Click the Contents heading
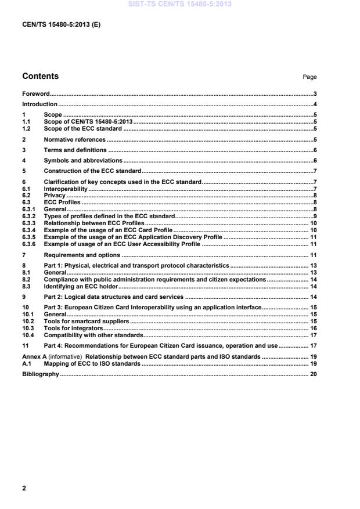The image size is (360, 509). tap(40, 76)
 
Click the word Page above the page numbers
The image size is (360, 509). tap(310, 77)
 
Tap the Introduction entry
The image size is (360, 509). tap(39, 104)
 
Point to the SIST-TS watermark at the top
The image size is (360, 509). tap(181, 3)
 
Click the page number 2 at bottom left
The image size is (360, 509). tap(24, 488)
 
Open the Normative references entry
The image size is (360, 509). tap(74, 140)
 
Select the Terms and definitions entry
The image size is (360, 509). tap(75, 150)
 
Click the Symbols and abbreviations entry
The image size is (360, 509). tap(82, 160)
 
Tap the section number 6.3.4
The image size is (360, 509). tap(29, 230)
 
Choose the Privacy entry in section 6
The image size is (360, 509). tap(54, 196)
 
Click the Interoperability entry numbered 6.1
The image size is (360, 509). tap(65, 189)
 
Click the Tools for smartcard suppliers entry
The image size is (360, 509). tap(86, 321)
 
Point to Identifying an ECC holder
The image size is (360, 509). tap(81, 286)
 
